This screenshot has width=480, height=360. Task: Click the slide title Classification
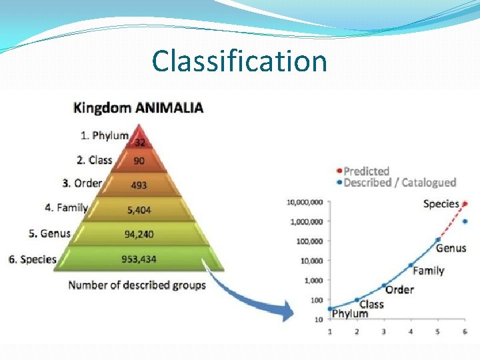coord(239,61)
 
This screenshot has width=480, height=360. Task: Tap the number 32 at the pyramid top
coord(140,142)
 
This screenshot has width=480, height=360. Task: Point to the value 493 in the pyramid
coord(139,185)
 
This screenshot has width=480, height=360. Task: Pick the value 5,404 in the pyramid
coord(139,210)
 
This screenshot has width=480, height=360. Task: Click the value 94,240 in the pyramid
coord(139,234)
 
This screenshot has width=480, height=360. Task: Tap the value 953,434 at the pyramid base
coord(139,259)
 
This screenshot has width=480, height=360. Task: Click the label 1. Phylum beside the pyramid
coord(104,135)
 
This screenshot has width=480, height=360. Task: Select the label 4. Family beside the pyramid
coord(66,207)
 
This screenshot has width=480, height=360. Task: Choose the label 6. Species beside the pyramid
coord(32,259)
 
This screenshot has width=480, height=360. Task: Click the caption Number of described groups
coord(137,285)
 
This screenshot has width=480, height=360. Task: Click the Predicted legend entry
coord(366,171)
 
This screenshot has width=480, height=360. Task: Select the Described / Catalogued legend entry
coord(399,182)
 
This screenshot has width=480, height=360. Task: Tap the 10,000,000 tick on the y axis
coord(304,202)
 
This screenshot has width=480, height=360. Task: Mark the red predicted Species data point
coord(465,203)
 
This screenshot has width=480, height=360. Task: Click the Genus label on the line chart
coord(451,248)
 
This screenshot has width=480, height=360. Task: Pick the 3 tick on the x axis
coord(383,331)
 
